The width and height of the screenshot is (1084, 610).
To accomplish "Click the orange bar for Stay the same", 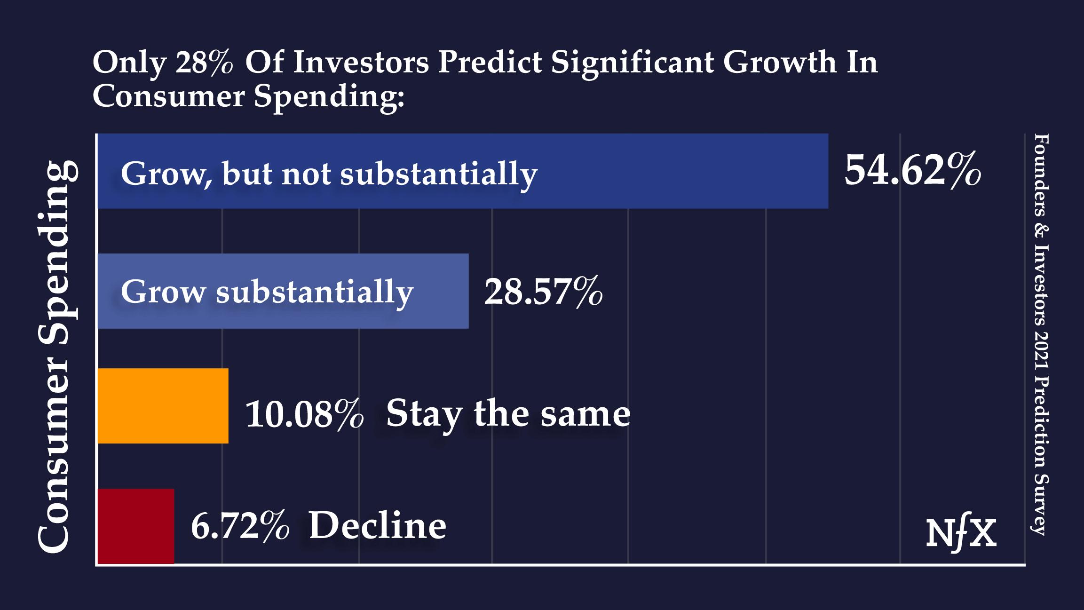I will [163, 405].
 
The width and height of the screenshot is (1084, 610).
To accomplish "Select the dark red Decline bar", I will [135, 526].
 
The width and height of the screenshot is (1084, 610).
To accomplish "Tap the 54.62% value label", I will [912, 170].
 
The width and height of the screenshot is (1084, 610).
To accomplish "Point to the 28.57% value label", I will [543, 292].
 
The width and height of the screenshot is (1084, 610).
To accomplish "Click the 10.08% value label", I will [304, 414].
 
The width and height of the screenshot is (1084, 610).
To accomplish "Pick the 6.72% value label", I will [240, 526].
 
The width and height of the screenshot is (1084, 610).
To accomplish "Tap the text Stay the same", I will [508, 414].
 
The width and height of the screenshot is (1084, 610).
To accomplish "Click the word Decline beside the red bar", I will [377, 526].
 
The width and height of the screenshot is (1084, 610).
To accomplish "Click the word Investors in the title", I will [361, 62].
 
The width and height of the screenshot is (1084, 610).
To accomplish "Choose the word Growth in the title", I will [780, 62].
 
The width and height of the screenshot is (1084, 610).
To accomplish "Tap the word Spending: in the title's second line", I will [329, 96].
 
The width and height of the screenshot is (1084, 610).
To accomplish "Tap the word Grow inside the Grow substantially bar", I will [163, 292].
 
